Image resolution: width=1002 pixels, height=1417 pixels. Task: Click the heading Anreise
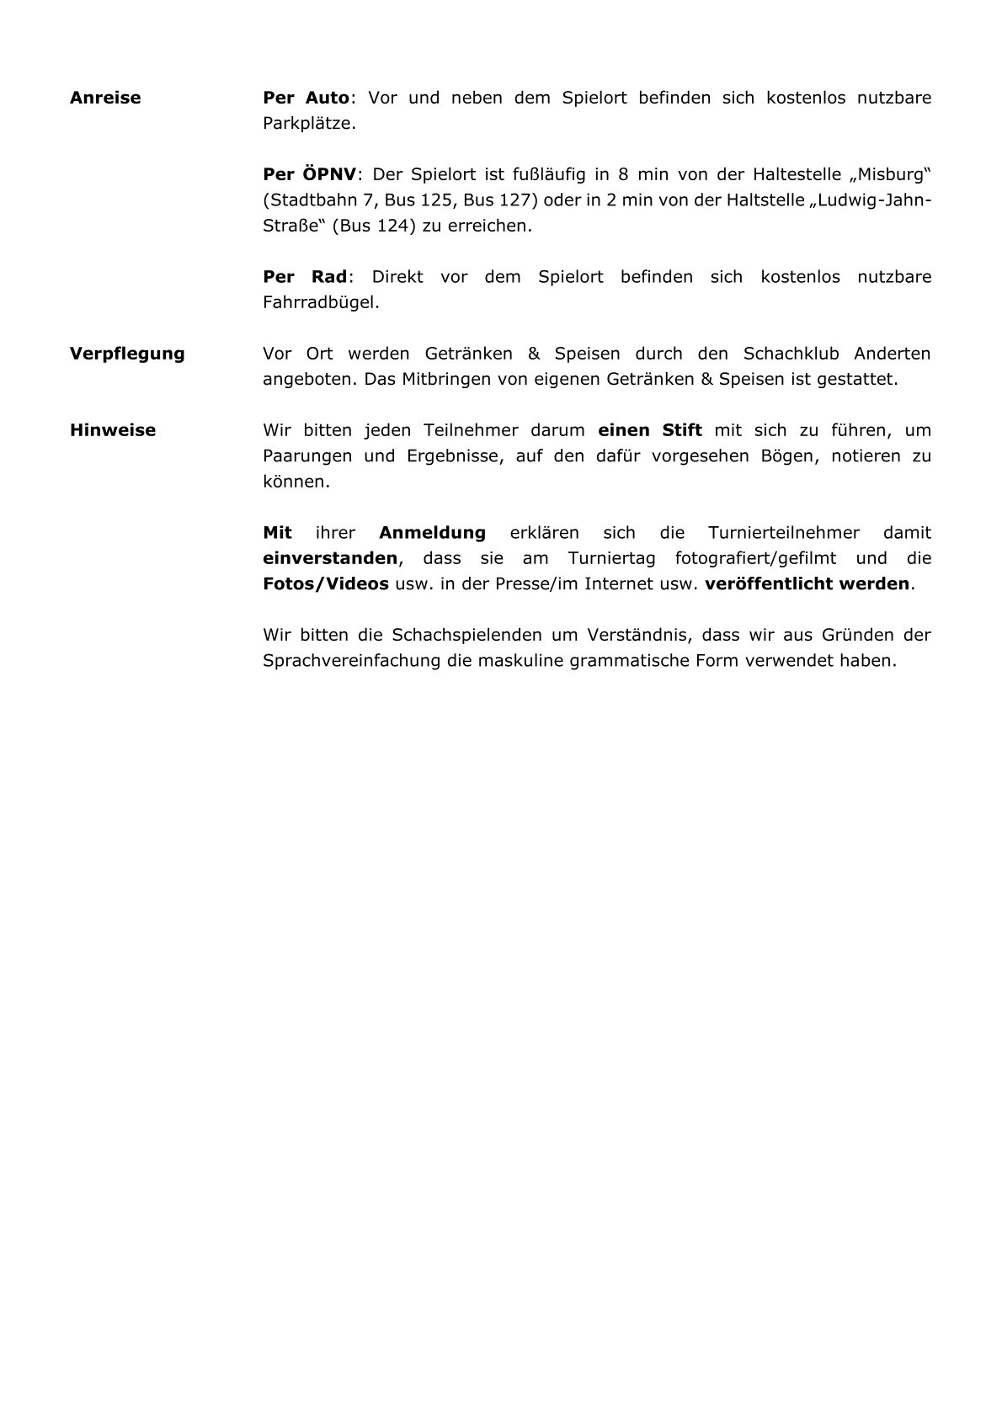coord(105,98)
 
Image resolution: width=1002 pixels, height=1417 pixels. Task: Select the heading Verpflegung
coord(127,354)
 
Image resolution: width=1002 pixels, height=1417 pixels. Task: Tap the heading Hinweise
coord(113,430)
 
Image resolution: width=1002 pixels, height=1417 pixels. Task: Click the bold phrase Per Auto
coord(306,98)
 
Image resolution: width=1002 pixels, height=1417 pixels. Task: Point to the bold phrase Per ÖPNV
coord(310,175)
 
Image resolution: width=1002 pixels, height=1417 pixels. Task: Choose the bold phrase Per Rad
coord(305,277)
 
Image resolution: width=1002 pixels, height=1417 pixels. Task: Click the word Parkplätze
coord(309,124)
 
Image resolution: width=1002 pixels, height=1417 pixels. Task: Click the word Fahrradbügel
coord(321,302)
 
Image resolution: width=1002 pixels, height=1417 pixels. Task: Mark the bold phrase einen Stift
coord(650,430)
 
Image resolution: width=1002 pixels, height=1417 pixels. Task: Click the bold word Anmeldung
coord(432,533)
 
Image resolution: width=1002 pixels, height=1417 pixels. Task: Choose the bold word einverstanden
coord(330,558)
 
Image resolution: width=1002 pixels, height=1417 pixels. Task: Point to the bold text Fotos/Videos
coord(326,583)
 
